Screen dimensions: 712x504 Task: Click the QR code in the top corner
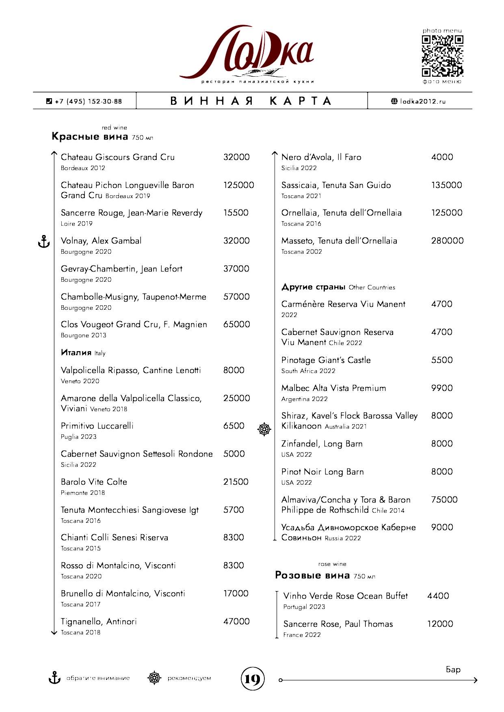[442, 56]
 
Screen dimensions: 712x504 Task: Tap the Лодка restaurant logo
[247, 53]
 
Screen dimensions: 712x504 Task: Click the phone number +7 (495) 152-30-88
[88, 101]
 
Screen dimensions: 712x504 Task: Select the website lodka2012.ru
[422, 101]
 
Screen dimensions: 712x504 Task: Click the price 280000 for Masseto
[447, 241]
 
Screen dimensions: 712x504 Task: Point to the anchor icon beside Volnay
[43, 242]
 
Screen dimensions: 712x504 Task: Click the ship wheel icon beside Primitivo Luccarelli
[264, 429]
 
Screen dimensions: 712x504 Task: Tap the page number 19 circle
[252, 679]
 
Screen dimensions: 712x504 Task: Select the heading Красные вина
[90, 137]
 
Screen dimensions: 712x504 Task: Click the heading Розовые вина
[312, 575]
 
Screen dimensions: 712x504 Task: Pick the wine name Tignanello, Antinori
[99, 621]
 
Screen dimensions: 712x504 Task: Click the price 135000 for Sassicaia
[446, 185]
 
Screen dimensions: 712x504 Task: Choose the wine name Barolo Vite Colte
[94, 482]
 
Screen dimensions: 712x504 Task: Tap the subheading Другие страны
[313, 287]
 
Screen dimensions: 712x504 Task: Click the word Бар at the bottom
[453, 670]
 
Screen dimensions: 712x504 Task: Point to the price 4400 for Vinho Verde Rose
[438, 596]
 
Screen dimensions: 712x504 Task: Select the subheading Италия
[76, 352]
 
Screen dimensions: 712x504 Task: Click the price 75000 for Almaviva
[444, 500]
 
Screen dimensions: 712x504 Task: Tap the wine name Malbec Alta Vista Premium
[333, 388]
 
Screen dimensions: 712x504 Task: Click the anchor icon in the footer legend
[54, 678]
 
